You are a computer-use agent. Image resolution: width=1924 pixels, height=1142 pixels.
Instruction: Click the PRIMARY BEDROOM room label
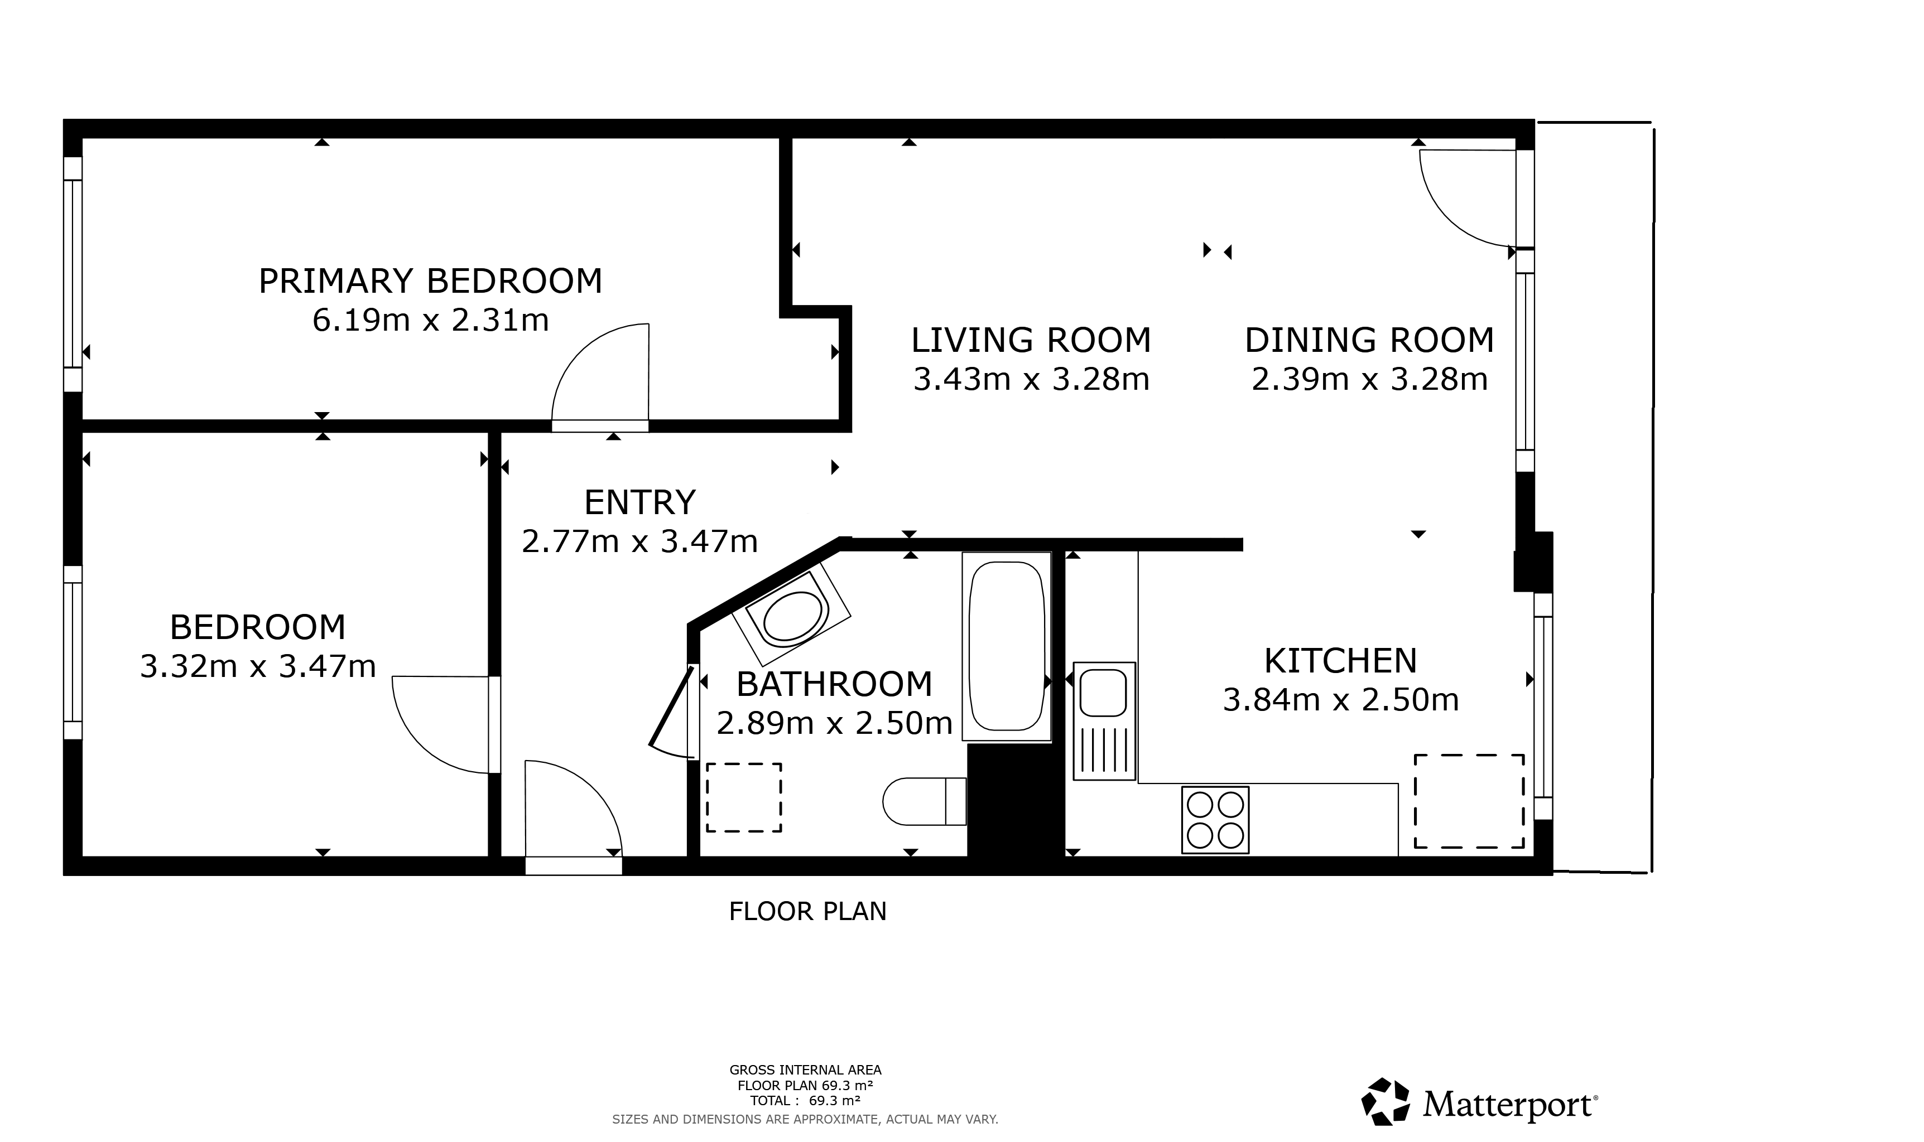coord(430,281)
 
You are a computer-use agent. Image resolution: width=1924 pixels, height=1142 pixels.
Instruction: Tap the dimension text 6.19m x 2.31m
coord(430,320)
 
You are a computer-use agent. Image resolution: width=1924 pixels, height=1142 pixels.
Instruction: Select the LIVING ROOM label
coord(1031,340)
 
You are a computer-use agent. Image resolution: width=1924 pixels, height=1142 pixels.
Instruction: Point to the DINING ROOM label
coord(1369,340)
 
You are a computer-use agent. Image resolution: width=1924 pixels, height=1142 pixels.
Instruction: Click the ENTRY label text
coord(640,502)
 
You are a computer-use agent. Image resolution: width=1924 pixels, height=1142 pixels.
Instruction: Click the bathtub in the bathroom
coord(1006,646)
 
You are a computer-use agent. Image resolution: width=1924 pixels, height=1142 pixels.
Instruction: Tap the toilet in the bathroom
coord(924,801)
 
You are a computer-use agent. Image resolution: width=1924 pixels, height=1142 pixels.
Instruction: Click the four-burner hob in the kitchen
coord(1215,820)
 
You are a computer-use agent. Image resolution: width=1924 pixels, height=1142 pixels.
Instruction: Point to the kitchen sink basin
coord(1103,693)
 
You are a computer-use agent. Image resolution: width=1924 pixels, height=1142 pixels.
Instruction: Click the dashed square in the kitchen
coord(1469,801)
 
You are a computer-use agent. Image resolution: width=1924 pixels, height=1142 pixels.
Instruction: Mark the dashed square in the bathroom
coord(744,797)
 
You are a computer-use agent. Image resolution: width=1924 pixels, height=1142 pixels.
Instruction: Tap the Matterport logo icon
coord(1385,1102)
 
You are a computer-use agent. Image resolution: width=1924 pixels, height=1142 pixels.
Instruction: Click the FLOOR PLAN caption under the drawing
coord(807,911)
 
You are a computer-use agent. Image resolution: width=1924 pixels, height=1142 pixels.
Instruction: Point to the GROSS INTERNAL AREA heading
coord(805,1070)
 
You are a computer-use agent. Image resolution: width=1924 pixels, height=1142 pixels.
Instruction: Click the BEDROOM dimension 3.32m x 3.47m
coord(258,666)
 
